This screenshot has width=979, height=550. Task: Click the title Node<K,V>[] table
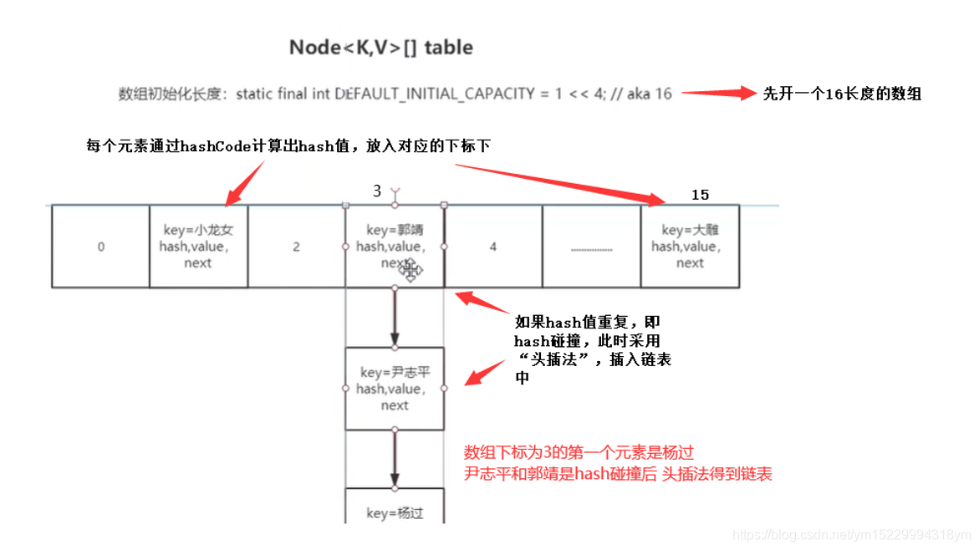pos(380,48)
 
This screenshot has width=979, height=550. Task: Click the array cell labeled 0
pos(101,247)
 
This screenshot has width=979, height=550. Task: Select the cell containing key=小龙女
pos(198,247)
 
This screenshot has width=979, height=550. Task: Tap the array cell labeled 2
pos(296,247)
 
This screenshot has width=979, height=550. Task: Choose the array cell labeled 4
pos(493,247)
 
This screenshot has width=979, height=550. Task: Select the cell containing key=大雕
pos(690,247)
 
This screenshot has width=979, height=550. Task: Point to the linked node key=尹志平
pos(395,389)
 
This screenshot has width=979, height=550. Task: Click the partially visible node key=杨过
pos(395,512)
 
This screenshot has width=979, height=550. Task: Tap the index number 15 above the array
pos(700,195)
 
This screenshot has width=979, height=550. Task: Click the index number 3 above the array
pos(377,191)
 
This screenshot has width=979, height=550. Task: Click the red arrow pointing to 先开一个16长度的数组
pos(718,94)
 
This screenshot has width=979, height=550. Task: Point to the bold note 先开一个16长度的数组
pos(842,94)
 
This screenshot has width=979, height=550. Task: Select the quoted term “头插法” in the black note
pos(553,359)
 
